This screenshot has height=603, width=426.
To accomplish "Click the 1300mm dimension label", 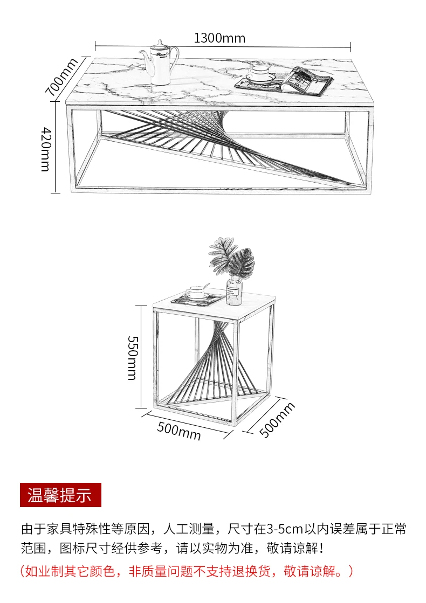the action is [x=219, y=38].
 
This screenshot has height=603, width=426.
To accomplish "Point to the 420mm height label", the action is [x=46, y=149].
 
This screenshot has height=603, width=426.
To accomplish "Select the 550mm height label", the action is [x=132, y=358].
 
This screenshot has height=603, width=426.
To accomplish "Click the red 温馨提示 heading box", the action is [x=60, y=494].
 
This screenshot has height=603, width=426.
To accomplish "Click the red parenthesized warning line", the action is [x=187, y=571].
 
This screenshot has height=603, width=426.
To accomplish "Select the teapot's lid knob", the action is [x=160, y=41].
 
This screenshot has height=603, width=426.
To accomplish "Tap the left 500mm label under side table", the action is [x=179, y=431].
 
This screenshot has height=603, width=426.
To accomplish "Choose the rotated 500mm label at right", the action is [x=278, y=420].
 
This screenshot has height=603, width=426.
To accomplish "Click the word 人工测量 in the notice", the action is [x=189, y=529].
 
